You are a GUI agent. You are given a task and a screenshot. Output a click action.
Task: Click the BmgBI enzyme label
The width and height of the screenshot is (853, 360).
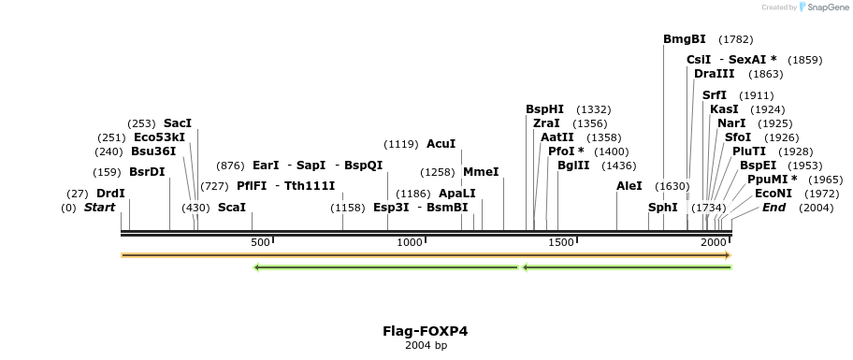tap(684, 39)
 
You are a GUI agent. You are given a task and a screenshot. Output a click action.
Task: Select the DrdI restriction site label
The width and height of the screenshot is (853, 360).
tap(110, 194)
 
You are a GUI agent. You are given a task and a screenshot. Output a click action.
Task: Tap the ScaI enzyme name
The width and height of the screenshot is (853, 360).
tap(232, 208)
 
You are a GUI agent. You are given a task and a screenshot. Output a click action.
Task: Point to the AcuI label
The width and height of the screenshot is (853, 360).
tap(441, 144)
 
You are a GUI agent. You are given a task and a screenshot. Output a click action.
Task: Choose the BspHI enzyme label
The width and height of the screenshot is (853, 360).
tap(544, 109)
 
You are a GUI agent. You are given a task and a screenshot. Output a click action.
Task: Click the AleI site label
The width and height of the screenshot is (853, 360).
tap(629, 186)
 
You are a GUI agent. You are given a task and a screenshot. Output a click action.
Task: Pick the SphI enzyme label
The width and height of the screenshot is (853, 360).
tap(662, 208)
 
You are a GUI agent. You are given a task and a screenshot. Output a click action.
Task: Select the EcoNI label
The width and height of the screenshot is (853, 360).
tap(773, 194)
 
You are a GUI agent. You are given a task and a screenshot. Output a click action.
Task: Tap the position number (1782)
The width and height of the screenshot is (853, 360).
tap(735, 39)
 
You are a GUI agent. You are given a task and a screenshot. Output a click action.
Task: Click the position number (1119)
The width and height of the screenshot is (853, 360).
tap(401, 144)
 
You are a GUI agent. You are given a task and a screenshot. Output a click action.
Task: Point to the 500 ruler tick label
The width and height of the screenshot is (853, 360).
tap(260, 242)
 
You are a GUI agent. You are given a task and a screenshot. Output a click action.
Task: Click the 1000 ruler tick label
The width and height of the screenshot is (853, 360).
tap(410, 242)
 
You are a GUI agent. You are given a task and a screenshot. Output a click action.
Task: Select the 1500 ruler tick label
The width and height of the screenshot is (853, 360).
tap(560, 242)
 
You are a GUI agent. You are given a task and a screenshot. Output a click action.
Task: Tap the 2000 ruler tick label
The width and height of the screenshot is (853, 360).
tap(715, 242)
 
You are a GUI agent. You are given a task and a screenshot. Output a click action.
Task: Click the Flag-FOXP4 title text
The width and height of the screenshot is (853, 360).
tap(426, 331)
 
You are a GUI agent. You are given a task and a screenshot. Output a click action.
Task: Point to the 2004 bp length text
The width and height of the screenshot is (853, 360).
tap(426, 346)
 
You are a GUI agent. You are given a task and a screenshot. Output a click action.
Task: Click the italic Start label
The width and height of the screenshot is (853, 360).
tap(99, 208)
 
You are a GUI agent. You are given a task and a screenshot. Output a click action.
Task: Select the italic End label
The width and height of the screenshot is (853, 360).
tap(773, 208)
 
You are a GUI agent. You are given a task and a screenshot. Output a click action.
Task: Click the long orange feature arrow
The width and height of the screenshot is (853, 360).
tap(426, 254)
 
